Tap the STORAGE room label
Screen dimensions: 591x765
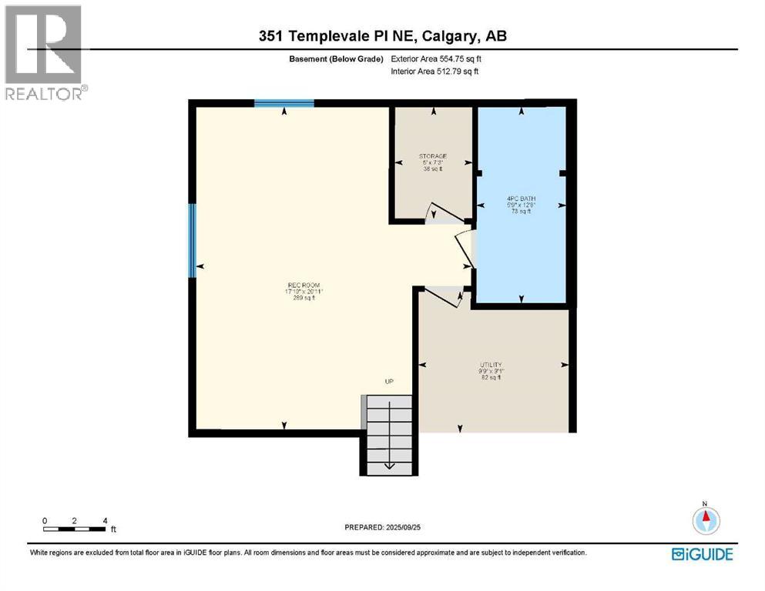click(x=432, y=162)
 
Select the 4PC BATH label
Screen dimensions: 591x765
click(x=521, y=204)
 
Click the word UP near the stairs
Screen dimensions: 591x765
click(x=390, y=382)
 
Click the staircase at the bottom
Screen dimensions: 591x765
click(x=388, y=435)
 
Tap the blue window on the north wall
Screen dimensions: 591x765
click(x=284, y=103)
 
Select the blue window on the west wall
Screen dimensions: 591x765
click(x=192, y=240)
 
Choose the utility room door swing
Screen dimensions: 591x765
click(x=445, y=296)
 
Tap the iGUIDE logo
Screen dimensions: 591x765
click(x=702, y=553)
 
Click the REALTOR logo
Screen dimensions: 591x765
click(x=45, y=52)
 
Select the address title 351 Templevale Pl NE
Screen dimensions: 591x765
click(x=382, y=36)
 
